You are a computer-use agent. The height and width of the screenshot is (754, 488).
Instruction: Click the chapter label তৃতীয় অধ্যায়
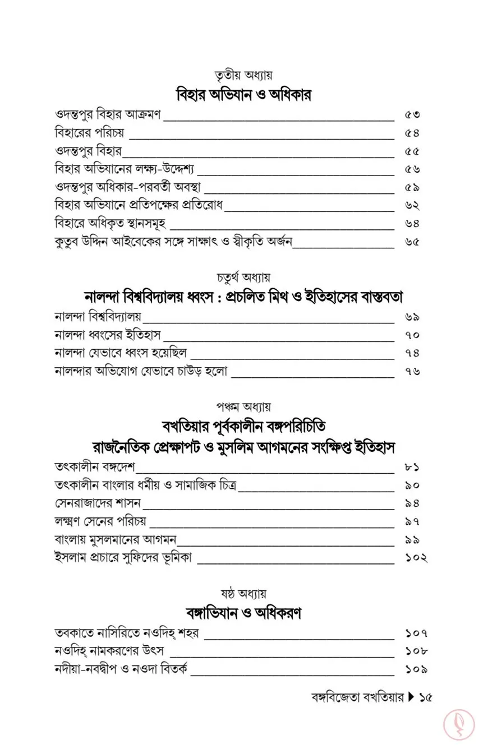tap(243, 75)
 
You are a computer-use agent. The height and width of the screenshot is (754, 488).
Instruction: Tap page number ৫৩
tap(412, 115)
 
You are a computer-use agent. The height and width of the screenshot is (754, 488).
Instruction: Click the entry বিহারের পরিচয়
tap(90, 133)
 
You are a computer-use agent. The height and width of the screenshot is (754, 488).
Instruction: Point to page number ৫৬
tap(412, 169)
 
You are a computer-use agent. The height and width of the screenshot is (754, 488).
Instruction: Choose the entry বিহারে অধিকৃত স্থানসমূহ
tap(111, 224)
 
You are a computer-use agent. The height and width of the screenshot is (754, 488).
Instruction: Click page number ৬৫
tap(412, 242)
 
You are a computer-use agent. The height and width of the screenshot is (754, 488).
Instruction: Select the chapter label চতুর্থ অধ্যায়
tap(243, 277)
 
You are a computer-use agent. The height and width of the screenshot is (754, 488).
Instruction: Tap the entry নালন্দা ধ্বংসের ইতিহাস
tap(108, 335)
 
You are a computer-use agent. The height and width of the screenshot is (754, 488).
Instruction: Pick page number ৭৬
tap(412, 371)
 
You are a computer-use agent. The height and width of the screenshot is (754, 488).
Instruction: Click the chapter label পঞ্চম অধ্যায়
tap(243, 406)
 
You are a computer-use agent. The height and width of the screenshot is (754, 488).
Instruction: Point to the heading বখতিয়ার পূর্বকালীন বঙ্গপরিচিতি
tap(243, 425)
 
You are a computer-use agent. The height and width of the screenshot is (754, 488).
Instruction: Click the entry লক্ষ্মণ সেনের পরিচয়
tap(100, 521)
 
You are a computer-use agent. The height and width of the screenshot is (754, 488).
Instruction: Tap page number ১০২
tap(416, 558)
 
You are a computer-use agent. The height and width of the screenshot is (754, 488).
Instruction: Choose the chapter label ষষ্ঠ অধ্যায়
tap(243, 593)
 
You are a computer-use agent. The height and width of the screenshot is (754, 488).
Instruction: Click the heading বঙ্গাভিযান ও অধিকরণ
tap(243, 613)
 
